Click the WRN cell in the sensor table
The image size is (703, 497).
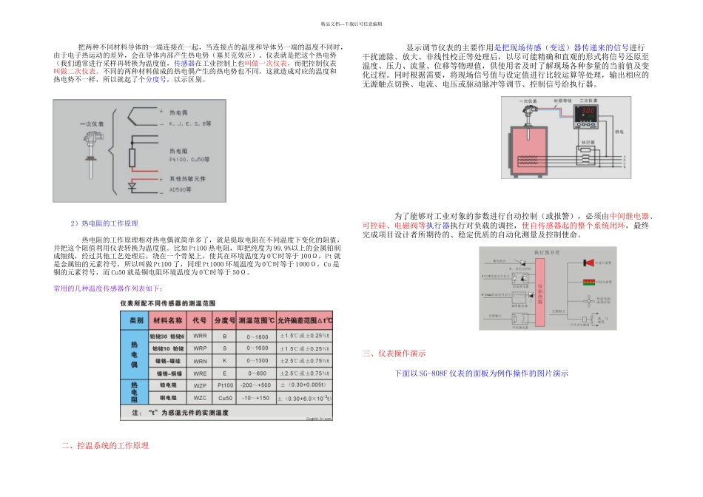click(200, 361)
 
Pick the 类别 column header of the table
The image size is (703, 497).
click(135, 320)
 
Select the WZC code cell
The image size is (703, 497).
click(200, 399)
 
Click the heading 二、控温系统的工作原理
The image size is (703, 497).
click(105, 446)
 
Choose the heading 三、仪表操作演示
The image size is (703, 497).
click(394, 354)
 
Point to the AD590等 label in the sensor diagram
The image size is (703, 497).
click(180, 189)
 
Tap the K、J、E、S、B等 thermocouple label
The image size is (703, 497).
click(190, 125)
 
